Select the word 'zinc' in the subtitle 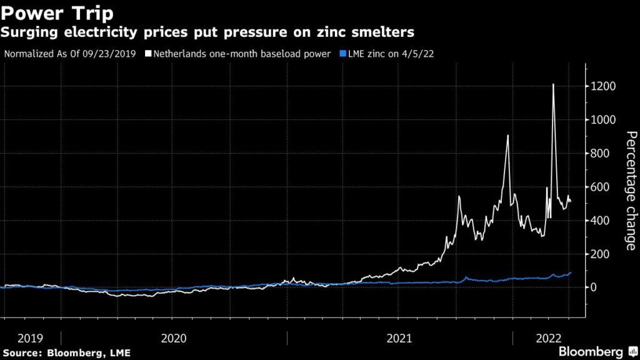[x=319, y=31]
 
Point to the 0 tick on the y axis [x=594, y=287]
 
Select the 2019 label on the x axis [x=30, y=338]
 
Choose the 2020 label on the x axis [x=174, y=338]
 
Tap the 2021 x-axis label [x=399, y=338]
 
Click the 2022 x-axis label [x=547, y=338]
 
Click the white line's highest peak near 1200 [x=553, y=84]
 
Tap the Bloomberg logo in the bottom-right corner [x=591, y=352]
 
